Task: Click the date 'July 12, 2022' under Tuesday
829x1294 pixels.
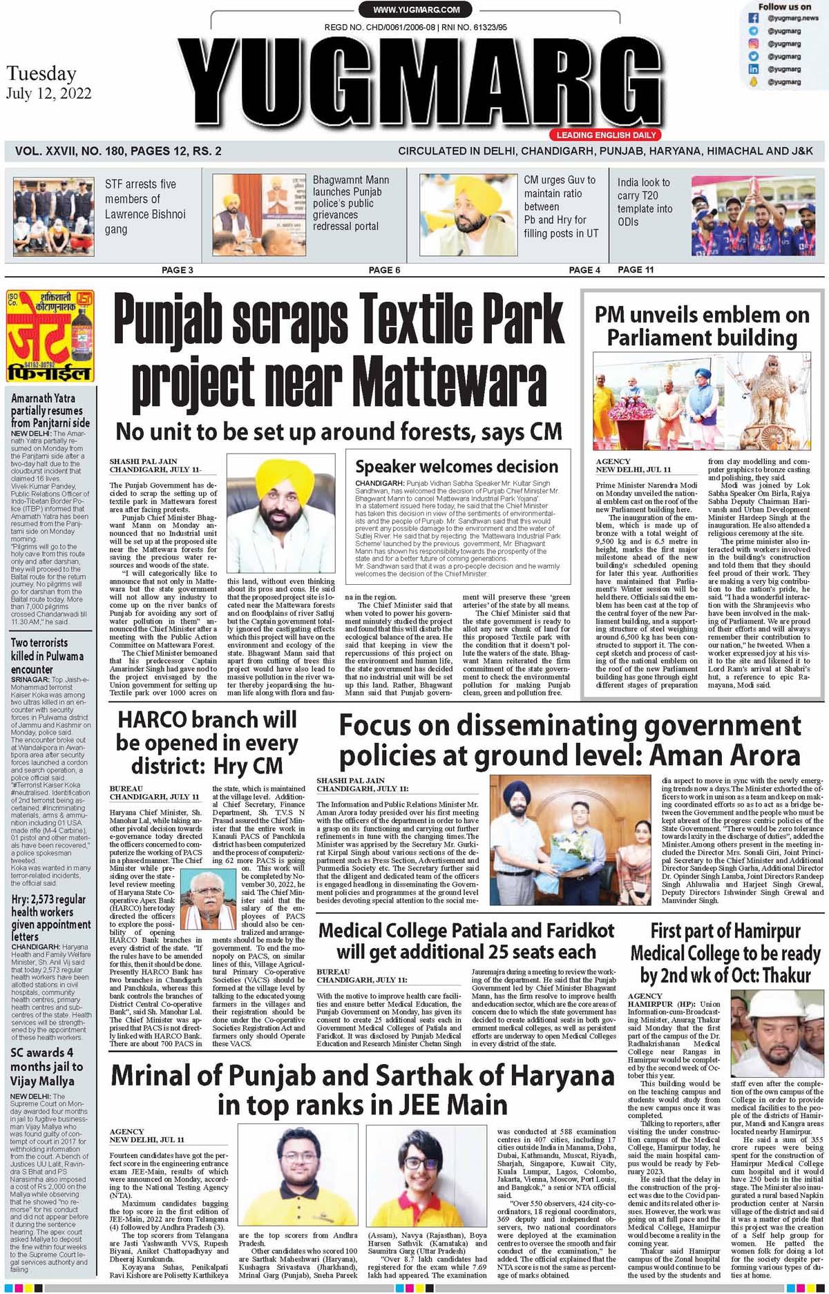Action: point(48,94)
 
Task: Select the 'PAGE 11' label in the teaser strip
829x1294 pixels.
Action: point(636,269)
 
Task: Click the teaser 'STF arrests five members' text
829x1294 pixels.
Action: point(141,206)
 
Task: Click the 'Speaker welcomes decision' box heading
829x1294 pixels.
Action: point(461,466)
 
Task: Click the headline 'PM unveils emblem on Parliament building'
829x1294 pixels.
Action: point(701,326)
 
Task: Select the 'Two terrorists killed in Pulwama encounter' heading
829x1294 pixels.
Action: point(47,656)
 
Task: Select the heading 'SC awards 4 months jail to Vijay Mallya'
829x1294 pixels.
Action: point(46,1066)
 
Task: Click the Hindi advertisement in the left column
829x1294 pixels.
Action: point(48,336)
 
